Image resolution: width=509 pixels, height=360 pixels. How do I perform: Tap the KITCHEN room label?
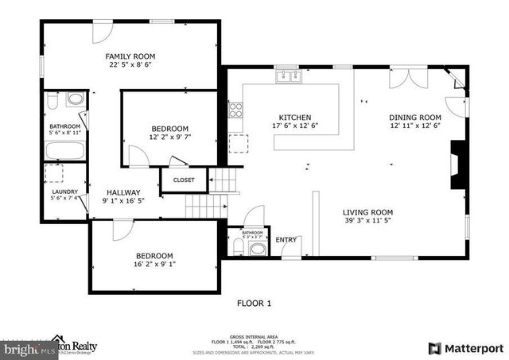point(294,117)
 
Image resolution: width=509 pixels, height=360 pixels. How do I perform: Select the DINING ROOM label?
point(414,117)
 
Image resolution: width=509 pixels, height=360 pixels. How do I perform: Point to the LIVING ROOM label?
point(367,212)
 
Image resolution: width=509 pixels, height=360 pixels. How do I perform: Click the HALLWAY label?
point(122,192)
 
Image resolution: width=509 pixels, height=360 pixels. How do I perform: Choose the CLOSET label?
point(184,180)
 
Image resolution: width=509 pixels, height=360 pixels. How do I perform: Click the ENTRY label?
point(286,240)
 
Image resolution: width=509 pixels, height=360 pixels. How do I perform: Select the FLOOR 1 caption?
point(254,303)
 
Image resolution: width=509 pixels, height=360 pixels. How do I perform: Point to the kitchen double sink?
point(288,76)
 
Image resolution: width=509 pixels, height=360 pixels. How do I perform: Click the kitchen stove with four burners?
point(235,110)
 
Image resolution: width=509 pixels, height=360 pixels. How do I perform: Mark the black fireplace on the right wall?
point(458,165)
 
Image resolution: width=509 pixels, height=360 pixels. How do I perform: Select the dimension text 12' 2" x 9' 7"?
point(170,138)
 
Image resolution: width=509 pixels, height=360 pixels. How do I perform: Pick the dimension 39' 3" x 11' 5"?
point(367,223)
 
